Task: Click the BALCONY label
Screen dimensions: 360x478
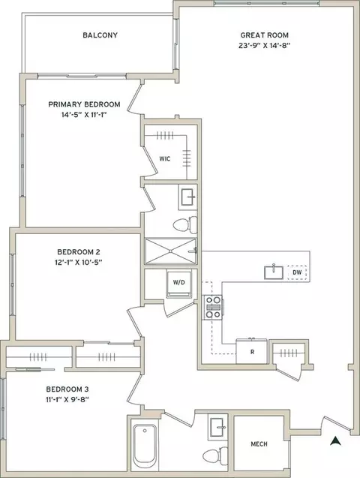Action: [x=100, y=35]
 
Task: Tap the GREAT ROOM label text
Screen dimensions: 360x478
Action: [x=264, y=35]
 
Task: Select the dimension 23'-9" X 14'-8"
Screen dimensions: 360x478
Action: [x=264, y=46]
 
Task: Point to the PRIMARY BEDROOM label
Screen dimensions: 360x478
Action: [x=84, y=104]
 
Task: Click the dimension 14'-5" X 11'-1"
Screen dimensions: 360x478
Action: [x=84, y=115]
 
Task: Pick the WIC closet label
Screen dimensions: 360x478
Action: [x=165, y=159]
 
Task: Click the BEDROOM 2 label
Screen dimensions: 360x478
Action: [x=79, y=252]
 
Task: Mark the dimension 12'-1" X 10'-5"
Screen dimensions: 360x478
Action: [x=79, y=263]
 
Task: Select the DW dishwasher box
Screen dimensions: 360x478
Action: [x=297, y=272]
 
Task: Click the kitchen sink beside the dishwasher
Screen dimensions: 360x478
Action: [x=274, y=272]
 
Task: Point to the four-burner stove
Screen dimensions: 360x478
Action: [x=213, y=308]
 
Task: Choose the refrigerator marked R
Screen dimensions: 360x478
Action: [x=252, y=351]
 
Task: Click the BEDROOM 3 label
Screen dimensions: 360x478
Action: [x=67, y=389]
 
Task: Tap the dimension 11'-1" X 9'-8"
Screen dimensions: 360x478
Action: [x=67, y=400]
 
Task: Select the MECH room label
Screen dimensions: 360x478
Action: [x=259, y=444]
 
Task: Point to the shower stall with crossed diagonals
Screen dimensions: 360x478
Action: [x=170, y=251]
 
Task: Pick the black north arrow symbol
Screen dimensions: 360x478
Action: [x=335, y=440]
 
